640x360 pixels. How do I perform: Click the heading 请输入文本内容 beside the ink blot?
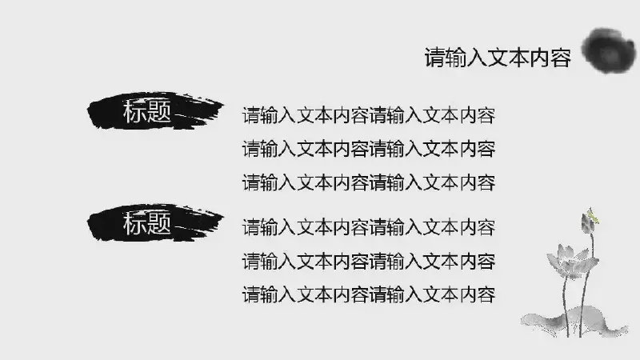(498, 58)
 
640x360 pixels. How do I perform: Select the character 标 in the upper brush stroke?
(134, 111)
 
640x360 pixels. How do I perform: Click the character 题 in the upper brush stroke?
(158, 111)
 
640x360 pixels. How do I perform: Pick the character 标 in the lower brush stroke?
(134, 223)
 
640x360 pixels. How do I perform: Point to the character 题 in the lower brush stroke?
(158, 223)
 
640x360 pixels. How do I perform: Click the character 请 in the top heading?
(434, 58)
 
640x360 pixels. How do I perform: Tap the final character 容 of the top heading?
(561, 58)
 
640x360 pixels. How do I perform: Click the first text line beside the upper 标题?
(369, 115)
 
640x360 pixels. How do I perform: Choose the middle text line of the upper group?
(369, 149)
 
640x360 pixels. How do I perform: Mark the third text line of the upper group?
(369, 182)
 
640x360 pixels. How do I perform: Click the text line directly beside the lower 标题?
(369, 227)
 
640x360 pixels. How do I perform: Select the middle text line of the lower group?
(369, 262)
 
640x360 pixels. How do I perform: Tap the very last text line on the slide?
(369, 294)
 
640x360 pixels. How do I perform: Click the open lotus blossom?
(570, 262)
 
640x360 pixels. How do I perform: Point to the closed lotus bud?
(588, 223)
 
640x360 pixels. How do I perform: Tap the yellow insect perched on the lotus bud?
(593, 215)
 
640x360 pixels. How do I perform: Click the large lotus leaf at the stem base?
(574, 322)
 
